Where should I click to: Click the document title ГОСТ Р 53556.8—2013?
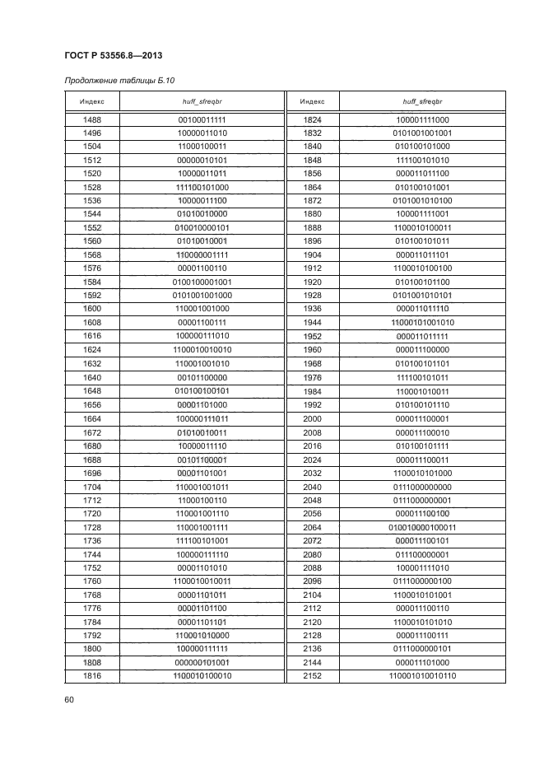click(112, 55)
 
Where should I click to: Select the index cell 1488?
click(92, 120)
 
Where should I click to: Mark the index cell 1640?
click(92, 378)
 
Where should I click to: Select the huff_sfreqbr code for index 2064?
click(423, 527)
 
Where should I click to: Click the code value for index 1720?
click(202, 513)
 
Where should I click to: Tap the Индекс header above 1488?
click(92, 101)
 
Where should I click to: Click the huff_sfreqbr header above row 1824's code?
click(423, 101)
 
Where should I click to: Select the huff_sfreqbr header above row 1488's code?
click(202, 101)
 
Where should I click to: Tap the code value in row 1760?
click(202, 581)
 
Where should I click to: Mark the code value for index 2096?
click(423, 581)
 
